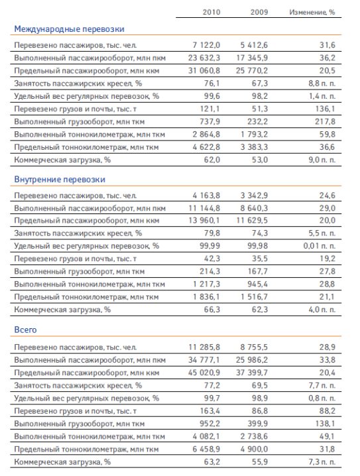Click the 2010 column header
[211, 12]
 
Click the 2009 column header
[259, 12]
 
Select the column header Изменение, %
[312, 12]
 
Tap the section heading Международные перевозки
[69, 29]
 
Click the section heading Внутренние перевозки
[60, 180]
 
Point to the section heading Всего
[25, 329]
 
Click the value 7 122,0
[206, 45]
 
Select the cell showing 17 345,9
[252, 58]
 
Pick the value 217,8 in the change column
[325, 122]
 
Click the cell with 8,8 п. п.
[322, 84]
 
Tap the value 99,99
[210, 246]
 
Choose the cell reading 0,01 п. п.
[320, 246]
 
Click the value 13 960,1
[204, 220]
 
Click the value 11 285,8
[204, 347]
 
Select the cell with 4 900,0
[254, 449]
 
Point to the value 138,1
[325, 424]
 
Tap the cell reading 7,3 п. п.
[322, 462]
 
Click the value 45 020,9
[204, 373]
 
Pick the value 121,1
[210, 109]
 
